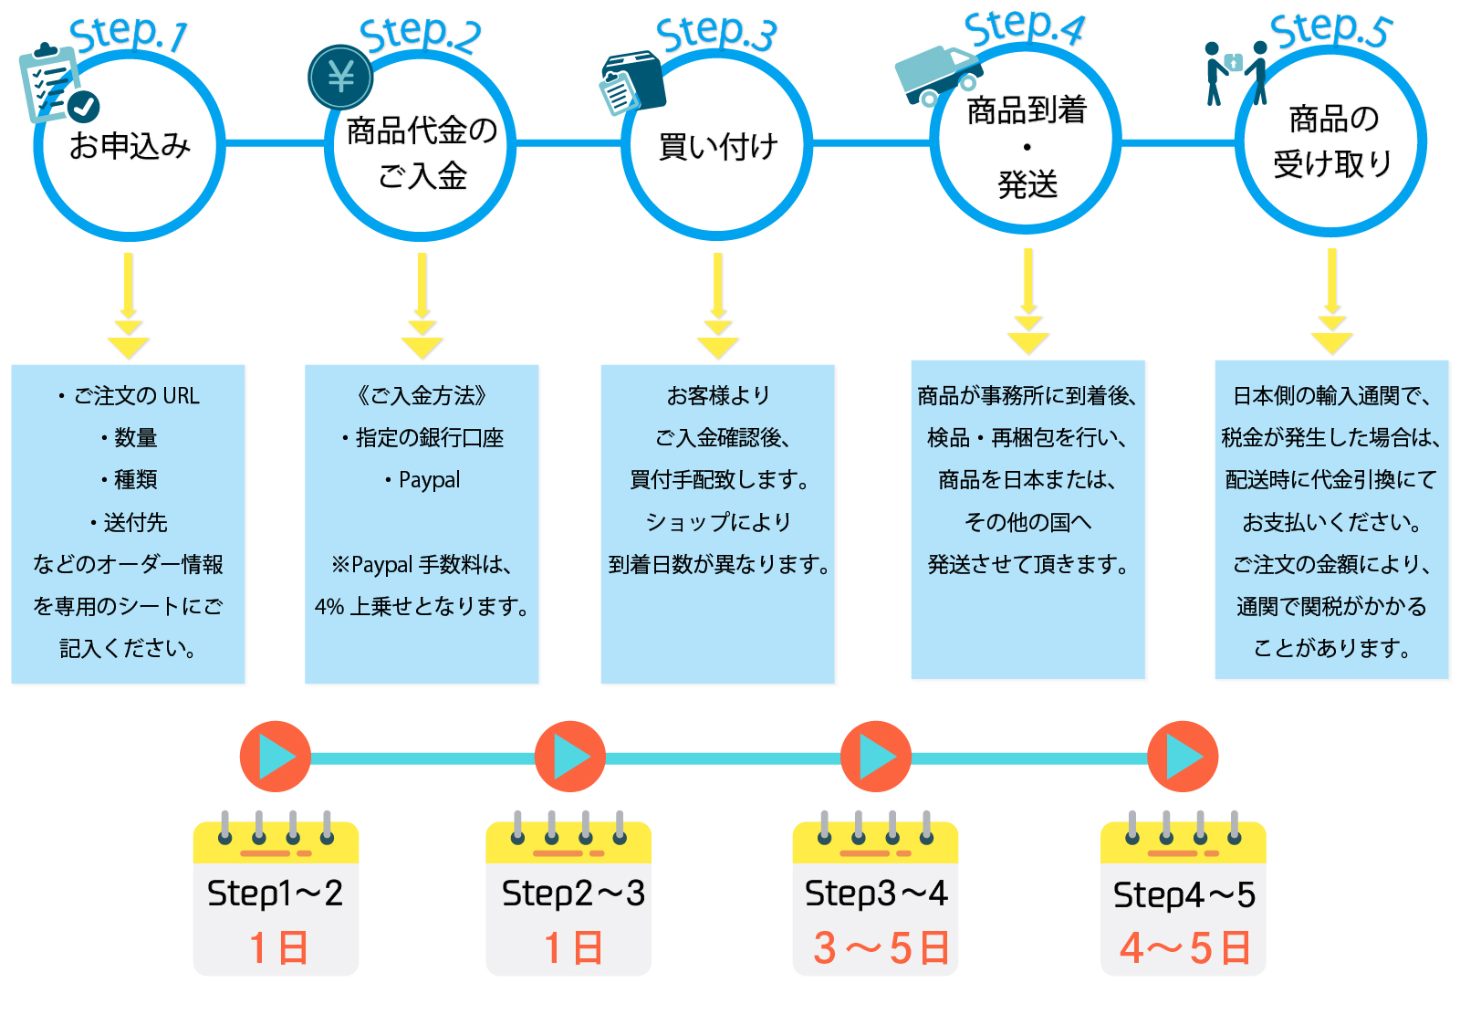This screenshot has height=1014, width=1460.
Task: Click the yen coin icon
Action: tap(340, 77)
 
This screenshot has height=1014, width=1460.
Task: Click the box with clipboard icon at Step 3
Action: tap(632, 82)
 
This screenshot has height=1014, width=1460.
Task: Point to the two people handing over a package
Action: tap(1235, 71)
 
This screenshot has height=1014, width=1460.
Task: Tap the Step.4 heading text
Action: tap(1024, 28)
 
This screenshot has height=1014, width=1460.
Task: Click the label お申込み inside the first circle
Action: tap(130, 145)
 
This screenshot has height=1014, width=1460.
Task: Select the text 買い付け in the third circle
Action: tap(717, 146)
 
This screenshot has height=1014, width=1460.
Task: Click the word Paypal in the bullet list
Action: tap(429, 480)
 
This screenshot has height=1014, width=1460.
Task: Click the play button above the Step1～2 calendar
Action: tap(276, 757)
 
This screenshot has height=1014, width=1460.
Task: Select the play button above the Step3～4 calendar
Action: tap(876, 757)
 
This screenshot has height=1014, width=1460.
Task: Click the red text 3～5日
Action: tap(881, 948)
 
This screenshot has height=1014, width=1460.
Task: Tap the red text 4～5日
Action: tap(1184, 948)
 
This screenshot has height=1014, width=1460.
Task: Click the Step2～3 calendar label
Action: tap(573, 894)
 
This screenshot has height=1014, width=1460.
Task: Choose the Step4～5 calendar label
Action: tap(1184, 895)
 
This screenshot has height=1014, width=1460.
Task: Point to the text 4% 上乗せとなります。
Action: tap(422, 607)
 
